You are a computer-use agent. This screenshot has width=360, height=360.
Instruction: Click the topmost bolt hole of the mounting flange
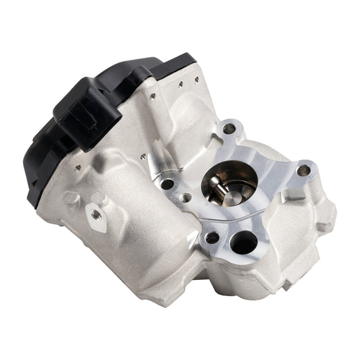tap(229, 128)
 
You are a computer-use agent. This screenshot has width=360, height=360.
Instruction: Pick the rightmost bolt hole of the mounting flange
tap(304, 170)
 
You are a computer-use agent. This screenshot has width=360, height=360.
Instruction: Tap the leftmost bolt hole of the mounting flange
tap(166, 184)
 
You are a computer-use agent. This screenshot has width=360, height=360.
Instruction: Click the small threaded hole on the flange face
tap(185, 199)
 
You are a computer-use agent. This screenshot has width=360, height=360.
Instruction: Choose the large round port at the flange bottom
tap(243, 241)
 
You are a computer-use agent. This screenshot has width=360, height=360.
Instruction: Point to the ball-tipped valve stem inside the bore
tap(215, 182)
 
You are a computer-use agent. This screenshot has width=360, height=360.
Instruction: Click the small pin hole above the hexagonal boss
tap(78, 166)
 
